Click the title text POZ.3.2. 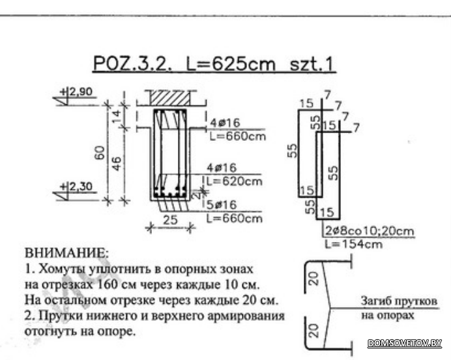pos(132,64)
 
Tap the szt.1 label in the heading pos(312,64)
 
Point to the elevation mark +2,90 pos(76,92)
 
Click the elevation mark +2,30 pos(76,187)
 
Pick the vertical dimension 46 pos(117,163)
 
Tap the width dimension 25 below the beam pos(170,220)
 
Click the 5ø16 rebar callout pos(222,205)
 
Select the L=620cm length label pos(235,181)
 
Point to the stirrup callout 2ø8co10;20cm pos(370,231)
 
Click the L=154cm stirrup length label pos(354,245)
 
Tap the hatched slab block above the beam pos(170,98)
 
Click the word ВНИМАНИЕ pos(67,253)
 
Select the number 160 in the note pos(106,285)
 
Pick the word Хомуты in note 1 pos(62,269)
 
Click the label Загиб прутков pos(400,301)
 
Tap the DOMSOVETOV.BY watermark pos(405,343)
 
